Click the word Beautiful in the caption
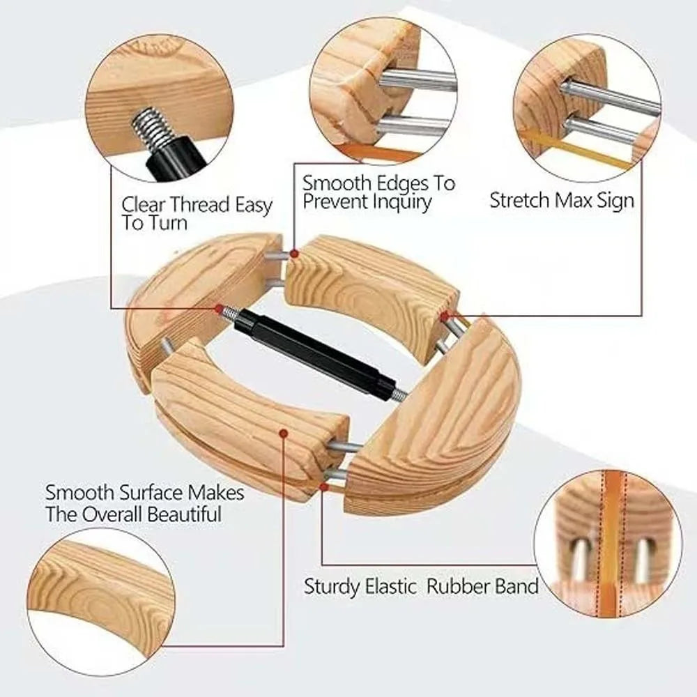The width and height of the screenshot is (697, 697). point(184,514)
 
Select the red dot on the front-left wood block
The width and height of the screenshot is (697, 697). point(284,433)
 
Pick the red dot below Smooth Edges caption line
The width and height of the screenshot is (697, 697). point(294,254)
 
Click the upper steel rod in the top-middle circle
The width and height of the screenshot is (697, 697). point(417,80)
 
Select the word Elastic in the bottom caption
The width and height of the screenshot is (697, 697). point(391,586)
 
